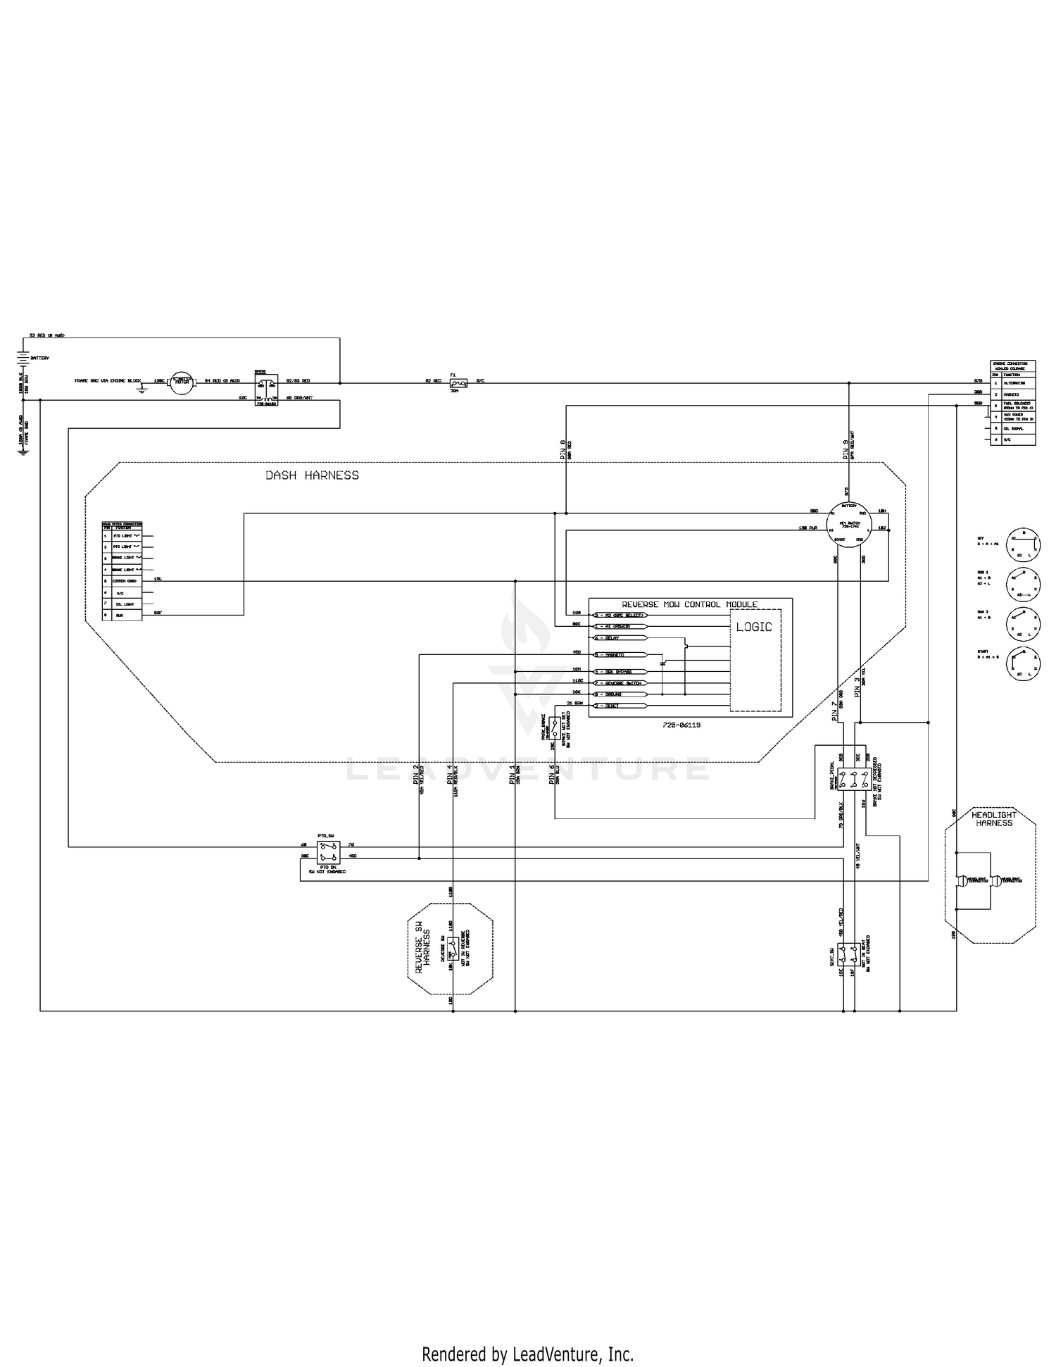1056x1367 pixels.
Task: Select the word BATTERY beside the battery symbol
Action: pyautogui.click(x=40, y=358)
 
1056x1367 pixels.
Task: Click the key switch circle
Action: pyautogui.click(x=850, y=523)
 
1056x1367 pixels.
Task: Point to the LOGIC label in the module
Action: pyautogui.click(x=754, y=627)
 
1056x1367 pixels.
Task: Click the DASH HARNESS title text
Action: pyautogui.click(x=312, y=475)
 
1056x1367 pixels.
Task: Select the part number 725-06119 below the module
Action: pyautogui.click(x=681, y=724)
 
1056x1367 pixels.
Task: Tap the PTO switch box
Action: pyautogui.click(x=327, y=851)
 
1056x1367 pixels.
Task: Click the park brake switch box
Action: pyautogui.click(x=555, y=728)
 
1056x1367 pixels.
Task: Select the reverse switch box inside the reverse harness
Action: pyautogui.click(x=454, y=951)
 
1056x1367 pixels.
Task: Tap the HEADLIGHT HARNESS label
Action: pyautogui.click(x=992, y=818)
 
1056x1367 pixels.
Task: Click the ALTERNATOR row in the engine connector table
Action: pyautogui.click(x=1014, y=382)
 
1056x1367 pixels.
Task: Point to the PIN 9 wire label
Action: pyautogui.click(x=846, y=449)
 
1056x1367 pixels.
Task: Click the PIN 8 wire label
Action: pyautogui.click(x=563, y=449)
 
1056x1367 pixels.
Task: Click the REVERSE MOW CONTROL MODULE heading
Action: pyautogui.click(x=689, y=604)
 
